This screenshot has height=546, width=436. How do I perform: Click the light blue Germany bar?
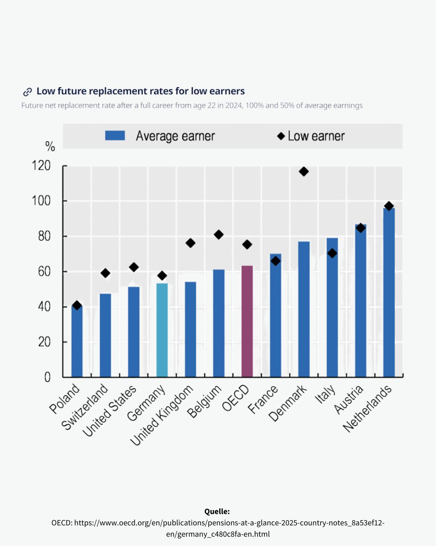[162, 330]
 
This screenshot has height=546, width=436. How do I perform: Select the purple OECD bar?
[247, 321]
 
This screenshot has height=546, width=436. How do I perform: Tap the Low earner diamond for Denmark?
[304, 171]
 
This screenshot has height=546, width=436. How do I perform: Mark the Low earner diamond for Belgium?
[219, 235]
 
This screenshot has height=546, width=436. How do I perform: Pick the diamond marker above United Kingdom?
[191, 243]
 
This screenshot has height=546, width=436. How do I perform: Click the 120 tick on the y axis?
[41, 165]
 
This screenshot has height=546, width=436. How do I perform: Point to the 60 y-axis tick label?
[44, 271]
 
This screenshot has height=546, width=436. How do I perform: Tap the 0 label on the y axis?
[47, 377]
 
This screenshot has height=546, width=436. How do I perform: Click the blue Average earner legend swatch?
[115, 135]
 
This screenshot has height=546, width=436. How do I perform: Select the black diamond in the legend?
[281, 136]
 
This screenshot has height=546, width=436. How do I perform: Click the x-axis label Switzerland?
[85, 406]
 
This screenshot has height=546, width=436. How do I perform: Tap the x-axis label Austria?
[349, 399]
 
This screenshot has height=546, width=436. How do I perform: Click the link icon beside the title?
[27, 92]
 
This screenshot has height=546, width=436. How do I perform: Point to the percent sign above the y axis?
[50, 146]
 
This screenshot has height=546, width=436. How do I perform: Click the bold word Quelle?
[217, 511]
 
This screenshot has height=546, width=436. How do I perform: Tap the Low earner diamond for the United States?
[134, 267]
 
